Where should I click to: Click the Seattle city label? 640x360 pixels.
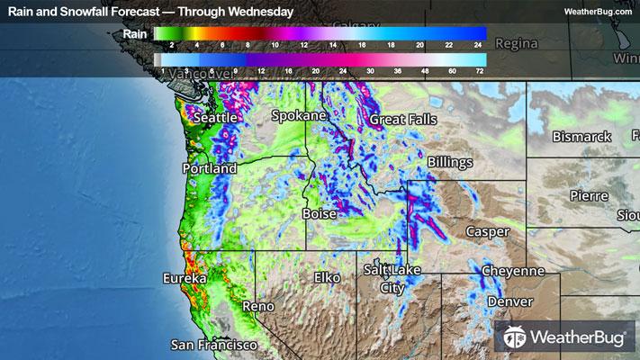pyautogui.click(x=217, y=118)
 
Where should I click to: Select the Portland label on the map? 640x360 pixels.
pyautogui.click(x=209, y=168)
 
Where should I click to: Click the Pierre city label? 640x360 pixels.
pyautogui.click(x=588, y=195)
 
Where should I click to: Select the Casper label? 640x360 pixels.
pyautogui.click(x=488, y=231)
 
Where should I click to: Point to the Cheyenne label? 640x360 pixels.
pyautogui.click(x=513, y=271)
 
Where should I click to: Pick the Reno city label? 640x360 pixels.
pyautogui.click(x=257, y=307)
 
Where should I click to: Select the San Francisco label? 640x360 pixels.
pyautogui.click(x=215, y=345)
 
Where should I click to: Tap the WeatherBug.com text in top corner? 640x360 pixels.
pyautogui.click(x=599, y=12)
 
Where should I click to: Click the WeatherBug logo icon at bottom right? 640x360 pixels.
pyautogui.click(x=517, y=338)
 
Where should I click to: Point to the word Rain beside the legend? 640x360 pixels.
pyautogui.click(x=136, y=33)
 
